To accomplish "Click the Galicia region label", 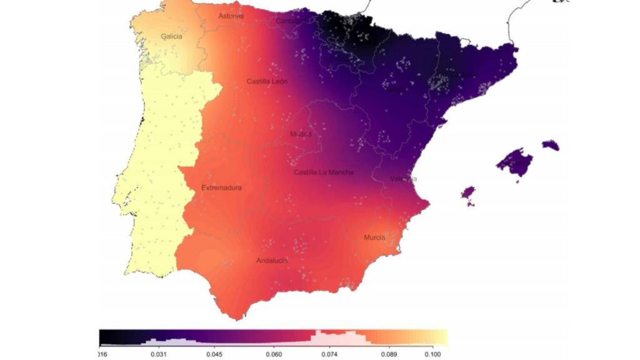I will click(172, 37).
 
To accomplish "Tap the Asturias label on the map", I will click(231, 16).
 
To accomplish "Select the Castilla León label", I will click(267, 82).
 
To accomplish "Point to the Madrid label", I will click(301, 134).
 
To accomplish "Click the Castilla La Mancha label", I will click(324, 172).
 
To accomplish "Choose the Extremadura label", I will click(221, 188).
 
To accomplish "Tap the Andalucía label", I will click(272, 261).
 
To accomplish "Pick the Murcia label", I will click(374, 237).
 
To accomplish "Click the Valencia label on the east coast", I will click(403, 179).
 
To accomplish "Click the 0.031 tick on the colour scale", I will click(159, 354).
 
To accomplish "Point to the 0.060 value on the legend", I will click(273, 354).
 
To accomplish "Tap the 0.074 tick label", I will click(329, 354).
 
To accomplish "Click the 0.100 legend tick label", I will click(432, 354).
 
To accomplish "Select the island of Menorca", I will click(551, 146).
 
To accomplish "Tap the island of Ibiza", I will click(467, 192).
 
